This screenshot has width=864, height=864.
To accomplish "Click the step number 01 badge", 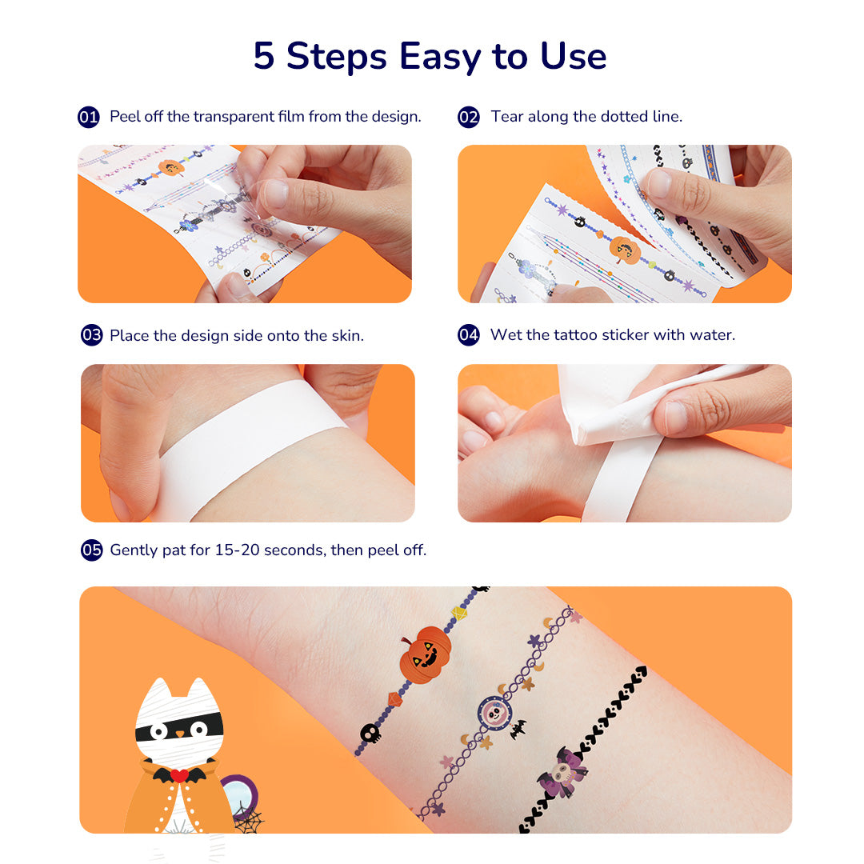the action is click(x=89, y=117).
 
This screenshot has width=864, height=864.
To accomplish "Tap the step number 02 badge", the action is click(x=468, y=117).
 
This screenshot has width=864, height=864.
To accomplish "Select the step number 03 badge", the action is click(x=91, y=335).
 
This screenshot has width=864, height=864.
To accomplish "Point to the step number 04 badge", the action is click(x=468, y=334).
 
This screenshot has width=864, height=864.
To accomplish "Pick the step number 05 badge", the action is click(x=91, y=550).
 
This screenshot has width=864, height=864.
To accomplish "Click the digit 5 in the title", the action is click(x=263, y=56).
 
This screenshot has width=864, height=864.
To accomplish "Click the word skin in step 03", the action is click(x=346, y=335).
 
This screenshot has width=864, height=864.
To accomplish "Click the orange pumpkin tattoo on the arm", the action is click(x=425, y=654).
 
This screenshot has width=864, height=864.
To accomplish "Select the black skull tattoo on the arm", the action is click(x=370, y=734).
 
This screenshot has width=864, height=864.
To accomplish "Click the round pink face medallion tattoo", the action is click(x=495, y=714).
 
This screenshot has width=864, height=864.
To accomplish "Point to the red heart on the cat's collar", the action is click(x=179, y=774).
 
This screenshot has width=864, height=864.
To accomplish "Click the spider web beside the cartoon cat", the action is click(x=249, y=819).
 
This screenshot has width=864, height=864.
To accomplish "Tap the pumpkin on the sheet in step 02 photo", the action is click(x=625, y=250).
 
